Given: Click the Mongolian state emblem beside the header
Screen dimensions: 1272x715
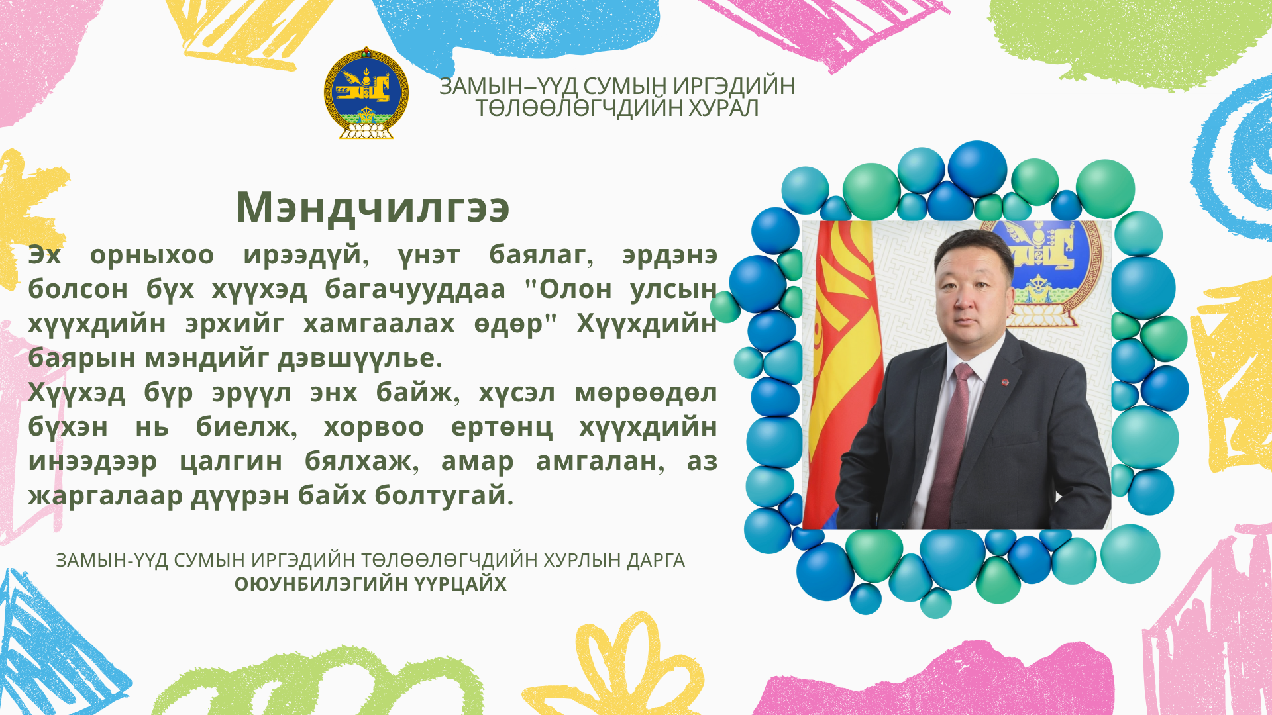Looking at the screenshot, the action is pyautogui.click(x=366, y=93).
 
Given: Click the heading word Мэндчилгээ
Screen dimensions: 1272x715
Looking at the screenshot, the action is pyautogui.click(x=373, y=207).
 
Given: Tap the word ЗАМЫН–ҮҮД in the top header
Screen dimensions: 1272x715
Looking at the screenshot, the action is pyautogui.click(x=508, y=86).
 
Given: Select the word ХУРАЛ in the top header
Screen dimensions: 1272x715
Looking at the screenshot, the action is pyautogui.click(x=723, y=107).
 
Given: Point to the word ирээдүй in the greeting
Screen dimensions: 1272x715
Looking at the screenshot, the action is pyautogui.click(x=306, y=256).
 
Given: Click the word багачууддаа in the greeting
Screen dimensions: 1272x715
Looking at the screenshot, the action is pyautogui.click(x=415, y=289).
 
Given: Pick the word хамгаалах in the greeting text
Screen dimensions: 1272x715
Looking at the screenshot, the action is pyautogui.click(x=379, y=324).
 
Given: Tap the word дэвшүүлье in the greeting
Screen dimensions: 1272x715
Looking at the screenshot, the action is pyautogui.click(x=360, y=358).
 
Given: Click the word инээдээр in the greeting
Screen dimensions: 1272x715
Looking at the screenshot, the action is pyautogui.click(x=93, y=462).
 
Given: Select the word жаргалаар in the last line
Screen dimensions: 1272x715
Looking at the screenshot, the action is pyautogui.click(x=105, y=496).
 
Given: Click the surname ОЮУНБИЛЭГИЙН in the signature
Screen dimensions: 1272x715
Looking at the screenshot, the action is pyautogui.click(x=321, y=584).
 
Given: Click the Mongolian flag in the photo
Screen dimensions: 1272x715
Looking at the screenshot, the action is pyautogui.click(x=843, y=375).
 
